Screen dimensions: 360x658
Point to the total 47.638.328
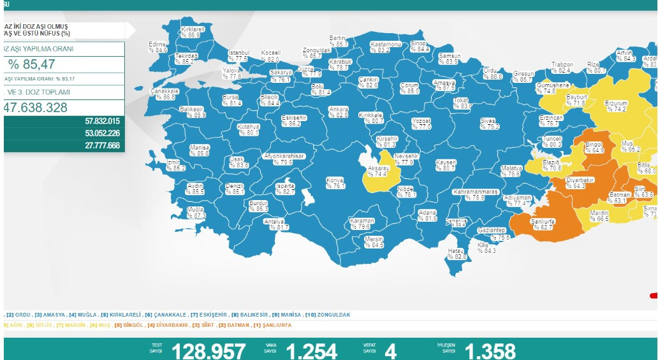coord(44,107)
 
